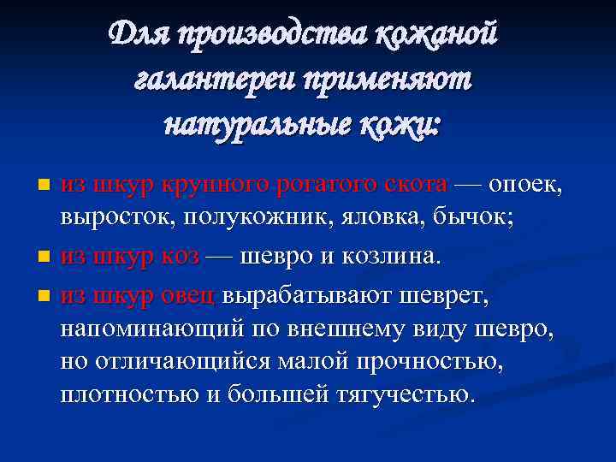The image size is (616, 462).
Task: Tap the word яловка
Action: pos(366,218)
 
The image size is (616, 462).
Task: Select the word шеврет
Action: pos(441,295)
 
